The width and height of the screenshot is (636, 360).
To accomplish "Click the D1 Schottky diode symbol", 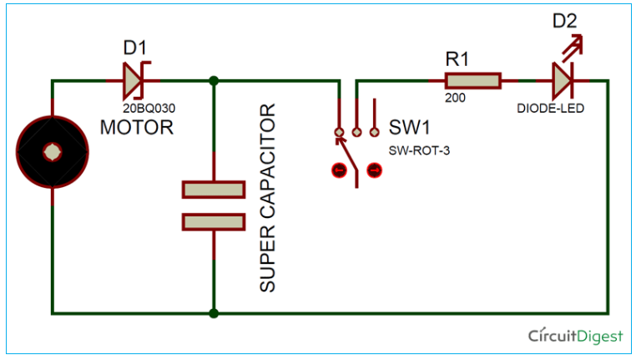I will coord(134,81).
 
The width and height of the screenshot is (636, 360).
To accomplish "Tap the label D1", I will coord(135,48).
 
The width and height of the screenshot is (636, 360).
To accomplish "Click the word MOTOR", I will coord(137,128).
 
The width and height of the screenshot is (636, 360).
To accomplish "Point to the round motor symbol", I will coord(52,152).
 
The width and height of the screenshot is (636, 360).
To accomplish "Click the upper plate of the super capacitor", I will coord(214,190).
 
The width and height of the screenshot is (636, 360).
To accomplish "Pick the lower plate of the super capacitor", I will coord(214,221).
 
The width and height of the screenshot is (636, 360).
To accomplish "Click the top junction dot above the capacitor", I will coord(215,81).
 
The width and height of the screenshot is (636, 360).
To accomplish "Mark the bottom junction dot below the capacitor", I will coord(215,313).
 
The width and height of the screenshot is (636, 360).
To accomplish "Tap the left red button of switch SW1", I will coord(339,170).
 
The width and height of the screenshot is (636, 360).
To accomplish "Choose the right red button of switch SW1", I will coord(374,170).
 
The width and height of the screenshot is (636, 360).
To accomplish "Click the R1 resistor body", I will coord(472,81).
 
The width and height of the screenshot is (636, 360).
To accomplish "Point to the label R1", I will coord(458,58).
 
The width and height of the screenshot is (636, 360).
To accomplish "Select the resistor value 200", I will coord(455,99).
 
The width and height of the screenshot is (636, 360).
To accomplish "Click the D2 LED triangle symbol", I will coord(561,81).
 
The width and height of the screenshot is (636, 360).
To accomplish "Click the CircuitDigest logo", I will coord(576,336).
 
